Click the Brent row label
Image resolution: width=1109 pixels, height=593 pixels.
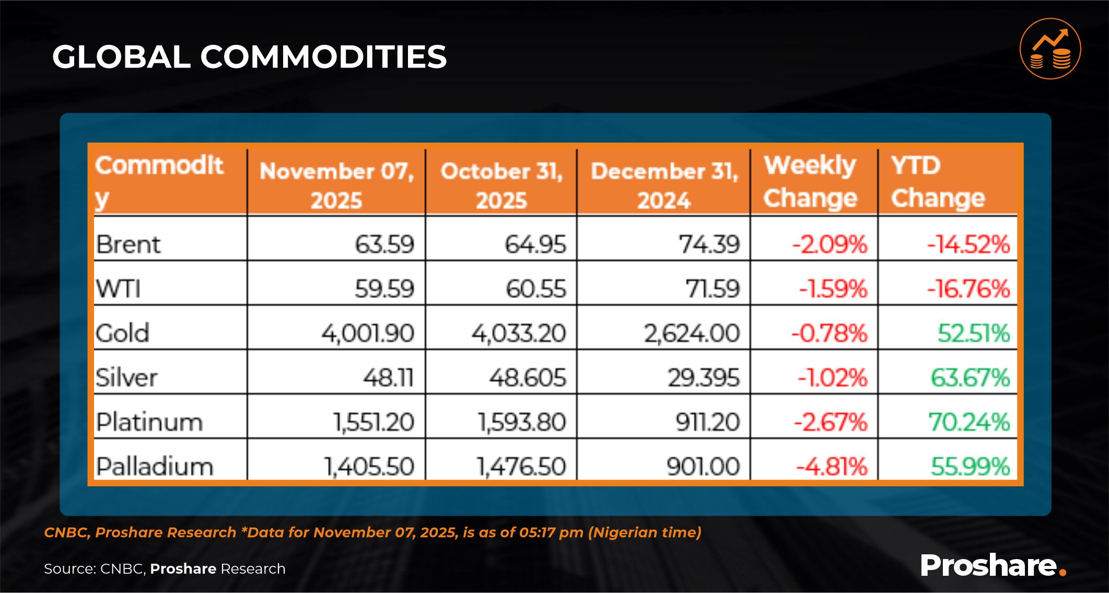[128, 244]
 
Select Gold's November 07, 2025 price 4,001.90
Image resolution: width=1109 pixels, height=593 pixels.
[368, 333]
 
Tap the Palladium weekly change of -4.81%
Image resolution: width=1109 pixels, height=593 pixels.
[831, 467]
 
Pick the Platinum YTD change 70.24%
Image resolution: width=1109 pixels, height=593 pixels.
[969, 422]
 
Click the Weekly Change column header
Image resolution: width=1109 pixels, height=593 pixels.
[810, 182]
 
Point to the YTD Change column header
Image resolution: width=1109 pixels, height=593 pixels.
[938, 182]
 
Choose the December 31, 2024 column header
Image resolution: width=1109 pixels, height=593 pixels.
[664, 185]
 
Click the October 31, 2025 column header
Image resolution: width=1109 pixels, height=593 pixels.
[501, 185]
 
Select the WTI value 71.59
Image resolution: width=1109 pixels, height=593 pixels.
[713, 289]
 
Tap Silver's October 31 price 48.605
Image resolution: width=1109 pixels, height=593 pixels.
[528, 378]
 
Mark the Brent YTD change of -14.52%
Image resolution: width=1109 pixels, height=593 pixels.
[968, 245]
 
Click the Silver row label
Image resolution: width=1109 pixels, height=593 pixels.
[126, 377]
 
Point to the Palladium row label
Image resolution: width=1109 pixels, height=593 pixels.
[155, 467]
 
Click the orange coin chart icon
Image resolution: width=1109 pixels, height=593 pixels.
[1050, 49]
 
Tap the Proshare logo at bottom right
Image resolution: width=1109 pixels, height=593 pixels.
[993, 565]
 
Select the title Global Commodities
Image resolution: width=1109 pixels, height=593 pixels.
[249, 56]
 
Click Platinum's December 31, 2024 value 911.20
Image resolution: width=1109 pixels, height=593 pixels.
[708, 422]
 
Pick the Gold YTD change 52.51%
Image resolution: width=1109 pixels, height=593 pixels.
[974, 333]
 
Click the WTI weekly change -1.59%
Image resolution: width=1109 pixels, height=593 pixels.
[833, 289]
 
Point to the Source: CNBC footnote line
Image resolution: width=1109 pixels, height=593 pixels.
[165, 568]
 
